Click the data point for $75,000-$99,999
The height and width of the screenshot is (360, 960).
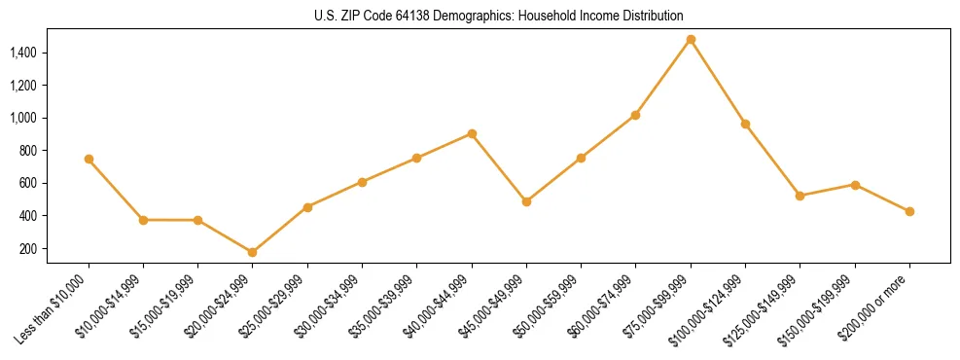coord(691,40)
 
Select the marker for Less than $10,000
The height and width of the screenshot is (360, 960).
coord(89,159)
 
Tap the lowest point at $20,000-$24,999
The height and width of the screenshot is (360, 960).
coord(253,252)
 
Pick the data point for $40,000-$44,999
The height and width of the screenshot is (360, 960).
coord(472,133)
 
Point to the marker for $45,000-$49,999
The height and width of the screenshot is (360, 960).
coord(526,201)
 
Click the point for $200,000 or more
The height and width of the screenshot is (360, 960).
coord(909,211)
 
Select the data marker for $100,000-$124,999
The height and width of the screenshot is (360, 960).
coord(745,124)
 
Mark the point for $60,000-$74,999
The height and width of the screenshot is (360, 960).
coord(636,115)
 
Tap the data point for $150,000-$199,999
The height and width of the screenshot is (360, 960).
coord(855,184)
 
